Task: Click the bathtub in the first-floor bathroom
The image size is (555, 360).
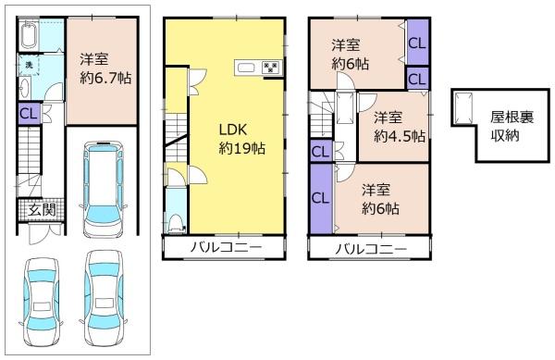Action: point(28,35)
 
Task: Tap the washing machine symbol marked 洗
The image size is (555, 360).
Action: point(29,65)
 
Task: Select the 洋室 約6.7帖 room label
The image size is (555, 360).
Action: point(105,68)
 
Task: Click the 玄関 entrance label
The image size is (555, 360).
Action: point(43,210)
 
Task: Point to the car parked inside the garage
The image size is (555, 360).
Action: point(104,189)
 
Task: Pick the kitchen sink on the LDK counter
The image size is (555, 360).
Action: point(246,68)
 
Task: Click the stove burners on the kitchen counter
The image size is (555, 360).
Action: point(271,68)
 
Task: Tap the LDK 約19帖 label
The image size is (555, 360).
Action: point(242,139)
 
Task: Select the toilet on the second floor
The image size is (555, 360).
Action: point(177,224)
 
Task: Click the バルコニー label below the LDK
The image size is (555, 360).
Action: point(227,247)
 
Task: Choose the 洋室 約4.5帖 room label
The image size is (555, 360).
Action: point(400,127)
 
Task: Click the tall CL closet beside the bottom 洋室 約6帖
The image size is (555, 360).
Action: point(321,198)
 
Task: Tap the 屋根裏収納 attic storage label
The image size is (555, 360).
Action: point(512,126)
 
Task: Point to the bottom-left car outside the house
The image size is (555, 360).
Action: point(42,302)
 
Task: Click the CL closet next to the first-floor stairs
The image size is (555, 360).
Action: point(29,114)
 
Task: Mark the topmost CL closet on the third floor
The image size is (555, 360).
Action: point(417,43)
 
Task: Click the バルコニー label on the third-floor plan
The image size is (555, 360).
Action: point(371,249)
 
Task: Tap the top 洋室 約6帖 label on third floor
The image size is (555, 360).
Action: point(350,55)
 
